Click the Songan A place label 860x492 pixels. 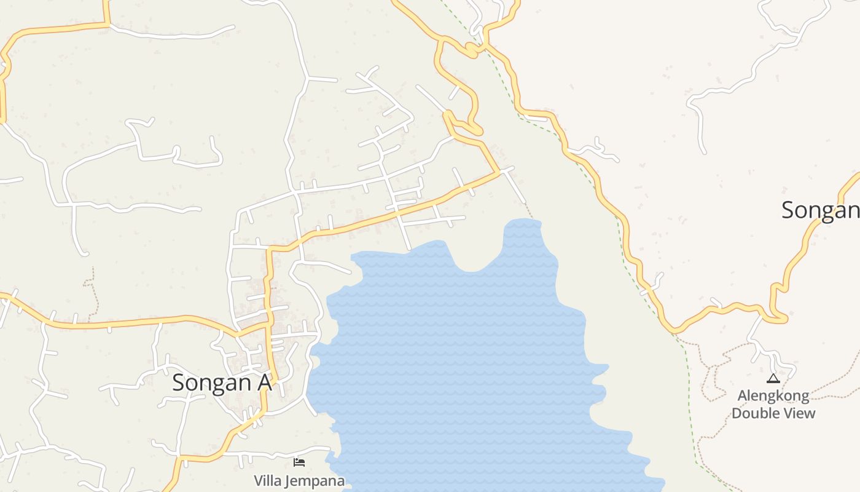tap(221, 383)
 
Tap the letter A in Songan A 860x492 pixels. tap(264, 383)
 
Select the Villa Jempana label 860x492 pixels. tap(299, 480)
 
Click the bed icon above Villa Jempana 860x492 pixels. tap(299, 462)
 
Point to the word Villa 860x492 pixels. tap(268, 480)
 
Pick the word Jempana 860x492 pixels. tap(314, 480)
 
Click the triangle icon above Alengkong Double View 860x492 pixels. tap(773, 378)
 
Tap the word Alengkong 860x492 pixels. tap(773, 395)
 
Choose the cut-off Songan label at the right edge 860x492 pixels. tap(820, 210)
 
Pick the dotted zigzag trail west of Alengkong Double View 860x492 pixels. tap(713, 375)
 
